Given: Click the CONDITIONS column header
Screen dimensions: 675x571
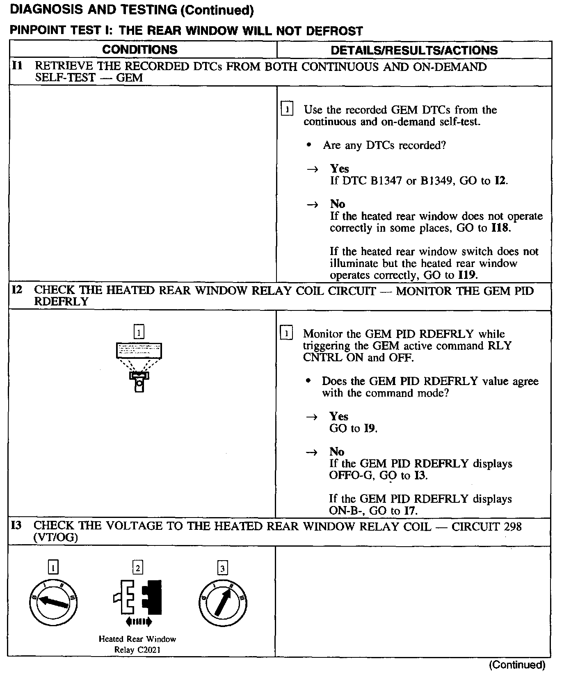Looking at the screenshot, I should pyautogui.click(x=139, y=50).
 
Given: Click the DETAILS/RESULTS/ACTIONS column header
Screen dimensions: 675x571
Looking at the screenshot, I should pyautogui.click(x=414, y=50).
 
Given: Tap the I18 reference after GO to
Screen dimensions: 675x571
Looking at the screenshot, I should pyautogui.click(x=501, y=228).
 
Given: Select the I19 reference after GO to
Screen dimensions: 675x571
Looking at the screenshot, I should pyautogui.click(x=467, y=275).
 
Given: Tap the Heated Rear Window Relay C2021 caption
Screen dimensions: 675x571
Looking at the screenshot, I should pyautogui.click(x=137, y=644).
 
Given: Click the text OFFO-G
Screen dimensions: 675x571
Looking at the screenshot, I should pyautogui.click(x=344, y=476).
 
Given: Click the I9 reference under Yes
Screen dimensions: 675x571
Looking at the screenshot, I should pyautogui.click(x=370, y=429).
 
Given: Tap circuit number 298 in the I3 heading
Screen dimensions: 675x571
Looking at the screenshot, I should pyautogui.click(x=512, y=526).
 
